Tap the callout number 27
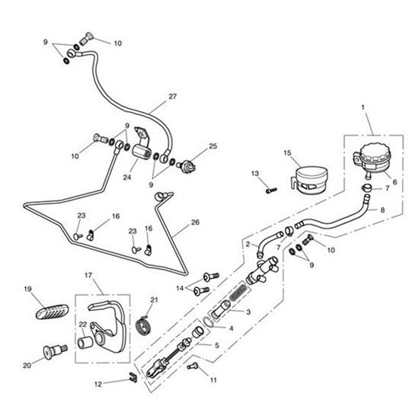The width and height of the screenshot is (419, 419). click(x=171, y=97)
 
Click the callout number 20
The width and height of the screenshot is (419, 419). click(x=27, y=365)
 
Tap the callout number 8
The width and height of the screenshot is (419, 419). click(x=383, y=209)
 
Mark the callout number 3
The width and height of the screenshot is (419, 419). click(x=248, y=312)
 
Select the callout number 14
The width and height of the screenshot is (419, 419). click(x=180, y=288)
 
